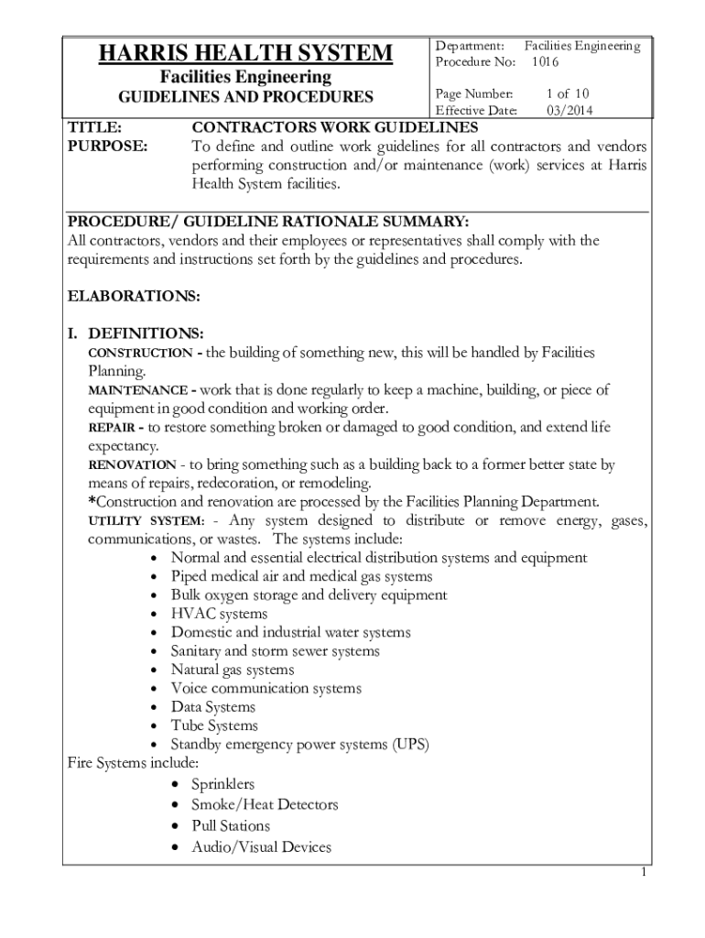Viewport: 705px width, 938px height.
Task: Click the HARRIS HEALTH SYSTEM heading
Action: click(245, 54)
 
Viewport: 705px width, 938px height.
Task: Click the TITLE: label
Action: click(95, 126)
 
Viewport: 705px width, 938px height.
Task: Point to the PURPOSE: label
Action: click(108, 146)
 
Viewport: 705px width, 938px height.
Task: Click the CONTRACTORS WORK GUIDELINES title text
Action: click(334, 126)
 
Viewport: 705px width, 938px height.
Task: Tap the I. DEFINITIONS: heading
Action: click(136, 333)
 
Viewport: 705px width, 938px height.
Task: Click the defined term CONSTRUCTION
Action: click(139, 353)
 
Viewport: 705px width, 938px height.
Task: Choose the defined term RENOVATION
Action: click(132, 465)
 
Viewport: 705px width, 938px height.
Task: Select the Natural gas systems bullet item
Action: click(232, 670)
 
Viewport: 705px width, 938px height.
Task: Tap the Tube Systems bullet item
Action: click(214, 725)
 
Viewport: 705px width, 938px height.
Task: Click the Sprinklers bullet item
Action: click(222, 784)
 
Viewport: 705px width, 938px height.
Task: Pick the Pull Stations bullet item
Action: click(230, 825)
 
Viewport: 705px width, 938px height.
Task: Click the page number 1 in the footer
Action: click(644, 872)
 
